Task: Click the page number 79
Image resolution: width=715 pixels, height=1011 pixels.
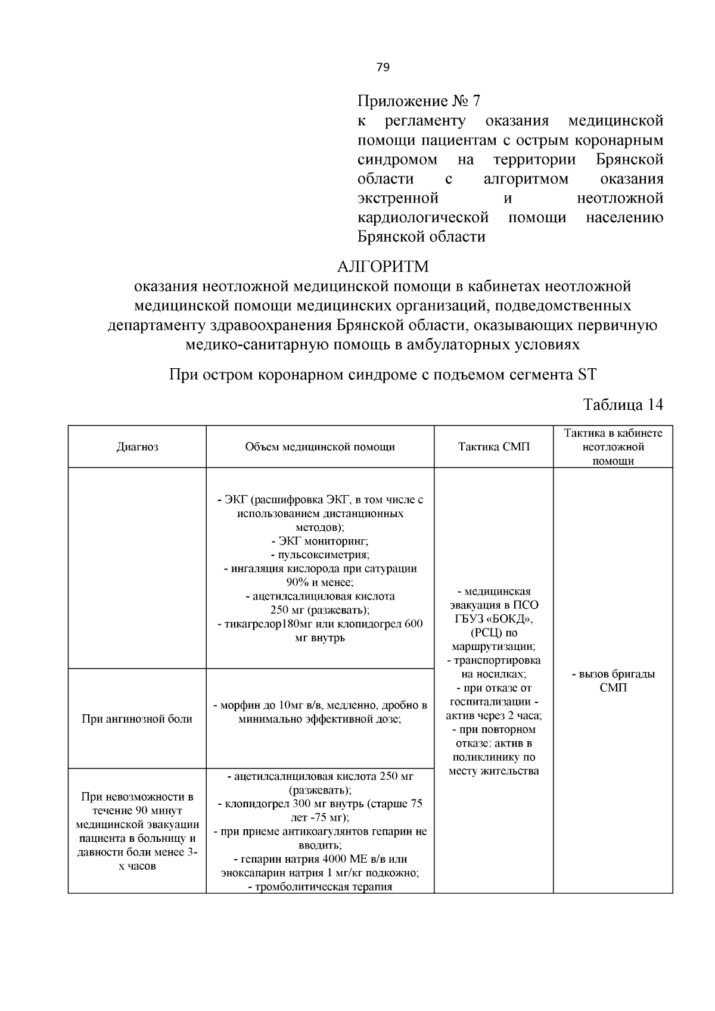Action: (x=383, y=67)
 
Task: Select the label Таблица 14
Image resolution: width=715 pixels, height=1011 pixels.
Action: (x=623, y=405)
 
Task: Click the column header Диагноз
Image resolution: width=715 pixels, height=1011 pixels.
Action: (x=137, y=447)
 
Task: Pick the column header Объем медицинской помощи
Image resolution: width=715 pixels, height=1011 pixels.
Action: (x=320, y=447)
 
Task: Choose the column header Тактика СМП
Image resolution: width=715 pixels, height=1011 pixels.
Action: (x=493, y=447)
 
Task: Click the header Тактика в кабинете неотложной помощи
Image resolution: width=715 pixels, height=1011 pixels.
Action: (x=613, y=447)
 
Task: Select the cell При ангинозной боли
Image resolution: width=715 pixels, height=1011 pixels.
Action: (x=137, y=718)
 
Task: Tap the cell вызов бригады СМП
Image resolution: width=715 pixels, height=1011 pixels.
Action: (x=613, y=681)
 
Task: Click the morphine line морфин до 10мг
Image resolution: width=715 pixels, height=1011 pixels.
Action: (x=320, y=705)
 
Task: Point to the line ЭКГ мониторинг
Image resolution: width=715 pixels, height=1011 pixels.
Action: (x=320, y=541)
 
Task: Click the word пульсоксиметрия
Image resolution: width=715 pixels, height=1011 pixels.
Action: (x=320, y=555)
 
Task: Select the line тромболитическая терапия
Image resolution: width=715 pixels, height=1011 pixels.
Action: (x=320, y=886)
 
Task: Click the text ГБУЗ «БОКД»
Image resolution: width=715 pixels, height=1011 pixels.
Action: (x=493, y=619)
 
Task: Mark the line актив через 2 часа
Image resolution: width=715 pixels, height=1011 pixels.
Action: (x=493, y=716)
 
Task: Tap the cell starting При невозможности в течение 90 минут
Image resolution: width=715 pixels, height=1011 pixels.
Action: (x=137, y=831)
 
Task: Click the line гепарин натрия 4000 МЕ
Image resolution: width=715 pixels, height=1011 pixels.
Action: (x=320, y=859)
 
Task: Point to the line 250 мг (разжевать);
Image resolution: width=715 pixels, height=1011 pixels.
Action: (x=320, y=609)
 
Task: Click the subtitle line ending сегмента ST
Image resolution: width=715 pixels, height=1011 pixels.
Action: (x=383, y=375)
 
